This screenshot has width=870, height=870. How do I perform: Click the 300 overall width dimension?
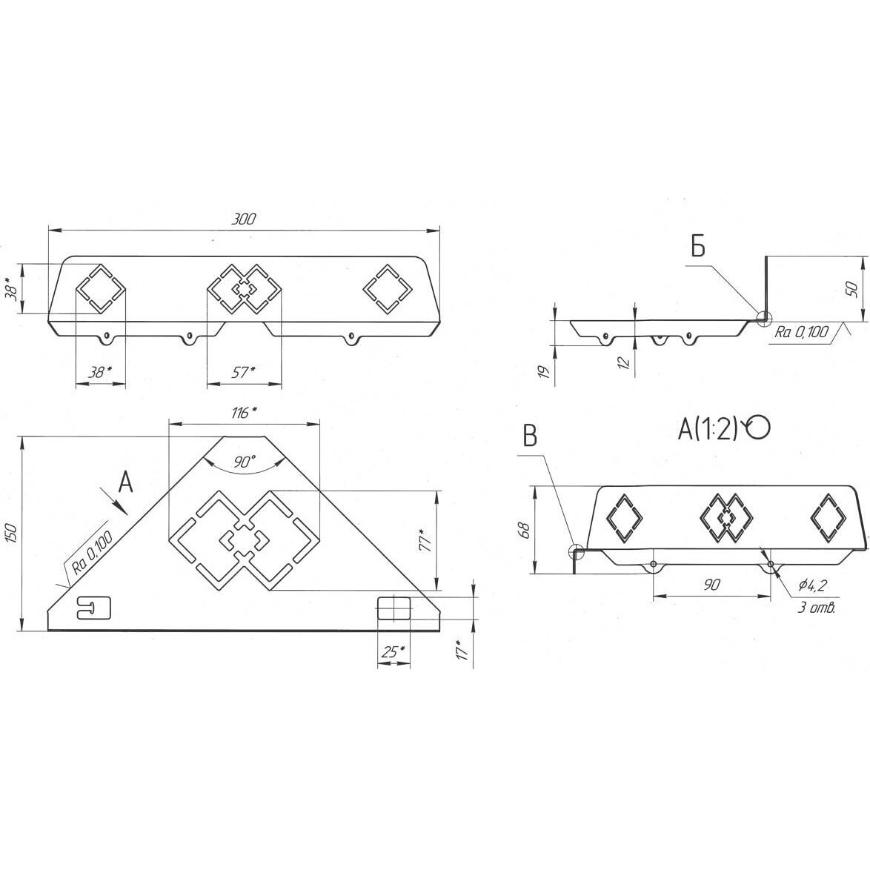click(x=243, y=219)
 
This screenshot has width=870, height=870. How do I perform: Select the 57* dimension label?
click(x=243, y=372)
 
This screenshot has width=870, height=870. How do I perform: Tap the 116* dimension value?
click(x=244, y=413)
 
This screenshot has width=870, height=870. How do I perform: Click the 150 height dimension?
click(x=12, y=534)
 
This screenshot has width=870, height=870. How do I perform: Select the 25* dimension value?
click(x=393, y=652)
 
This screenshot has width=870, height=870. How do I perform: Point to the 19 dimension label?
click(x=545, y=371)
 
